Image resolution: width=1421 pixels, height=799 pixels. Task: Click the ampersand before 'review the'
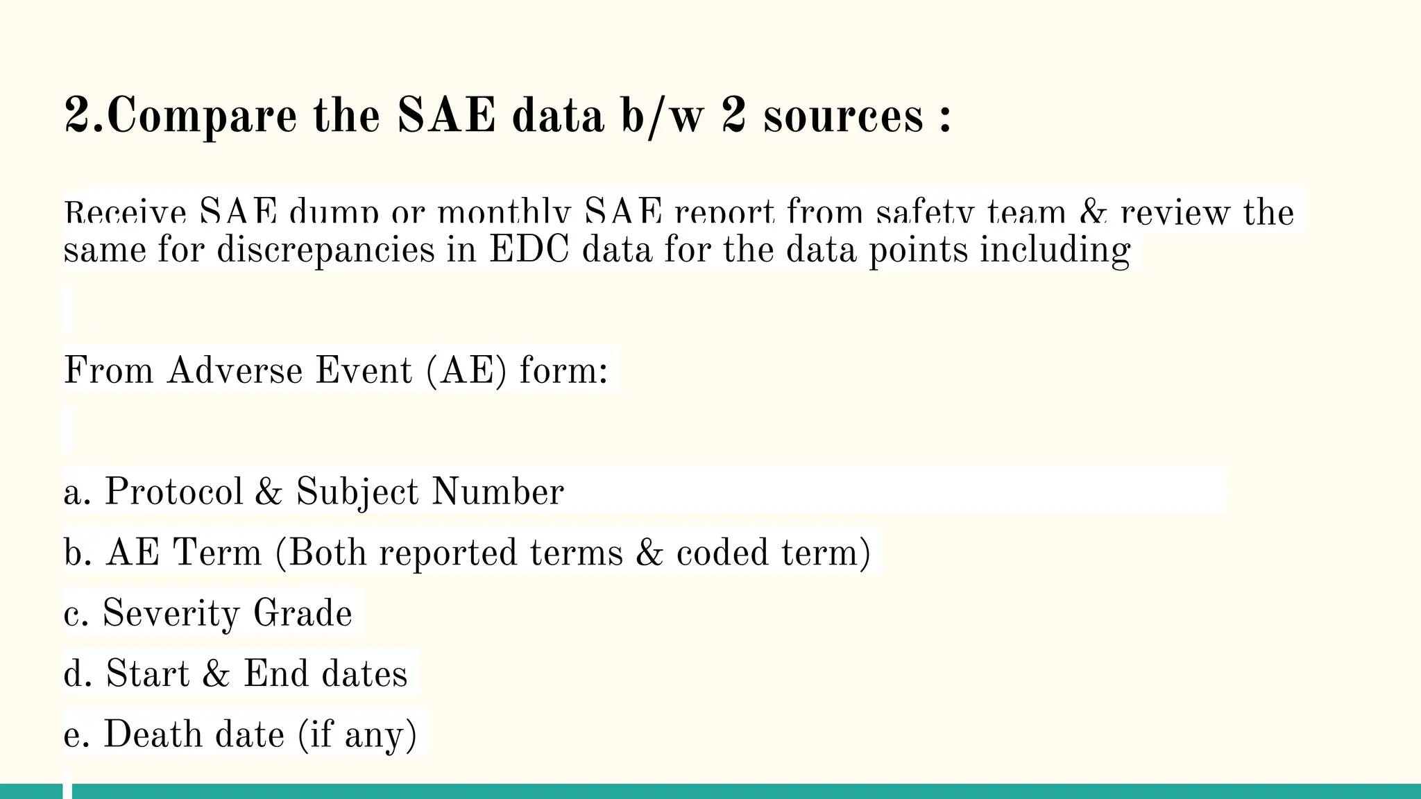(1094, 212)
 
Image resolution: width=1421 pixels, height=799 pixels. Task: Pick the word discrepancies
(325, 250)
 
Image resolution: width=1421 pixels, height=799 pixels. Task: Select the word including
(1055, 250)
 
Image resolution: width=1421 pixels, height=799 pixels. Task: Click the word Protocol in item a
(173, 492)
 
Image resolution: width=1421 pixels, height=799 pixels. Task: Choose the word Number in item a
(497, 492)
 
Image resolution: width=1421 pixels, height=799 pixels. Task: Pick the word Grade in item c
(303, 613)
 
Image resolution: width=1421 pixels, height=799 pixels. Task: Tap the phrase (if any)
(357, 734)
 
